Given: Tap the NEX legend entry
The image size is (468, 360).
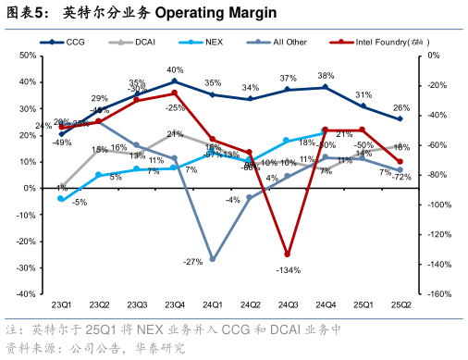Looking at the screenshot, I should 208,42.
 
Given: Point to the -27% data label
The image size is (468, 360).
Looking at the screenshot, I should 192,262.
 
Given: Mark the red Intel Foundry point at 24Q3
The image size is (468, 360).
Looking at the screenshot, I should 288,254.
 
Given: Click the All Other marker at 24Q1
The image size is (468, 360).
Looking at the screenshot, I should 212,260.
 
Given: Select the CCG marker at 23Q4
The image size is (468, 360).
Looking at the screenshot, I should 174,81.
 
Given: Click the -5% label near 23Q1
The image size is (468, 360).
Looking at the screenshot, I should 80,203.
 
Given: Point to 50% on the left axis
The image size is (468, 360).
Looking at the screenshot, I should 27,56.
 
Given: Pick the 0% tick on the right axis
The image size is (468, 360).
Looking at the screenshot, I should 435,56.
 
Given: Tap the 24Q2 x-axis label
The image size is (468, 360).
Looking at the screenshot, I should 250,304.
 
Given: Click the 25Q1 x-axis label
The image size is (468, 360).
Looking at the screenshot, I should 363,304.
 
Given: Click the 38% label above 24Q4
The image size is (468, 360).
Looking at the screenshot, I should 326,76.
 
